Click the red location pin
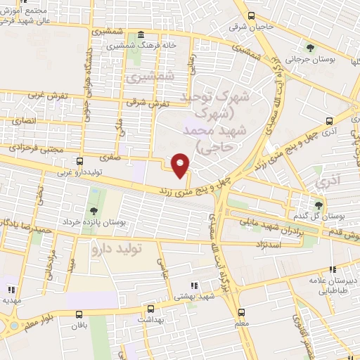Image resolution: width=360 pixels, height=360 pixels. point(181,165)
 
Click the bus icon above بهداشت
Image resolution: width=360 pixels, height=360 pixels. point(150,309)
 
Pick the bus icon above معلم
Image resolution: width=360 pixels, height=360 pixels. point(242,311)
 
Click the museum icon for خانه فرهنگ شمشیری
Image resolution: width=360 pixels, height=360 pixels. point(141,35)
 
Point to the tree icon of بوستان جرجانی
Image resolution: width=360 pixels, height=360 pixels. point(309,48)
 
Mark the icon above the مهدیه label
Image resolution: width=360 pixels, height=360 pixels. point(11,288)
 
